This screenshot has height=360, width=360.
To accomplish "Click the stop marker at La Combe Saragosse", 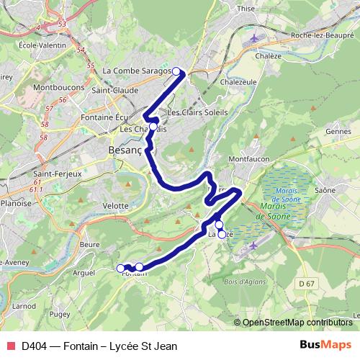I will coord(176,71).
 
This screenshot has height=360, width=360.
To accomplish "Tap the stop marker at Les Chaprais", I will coord(153,127).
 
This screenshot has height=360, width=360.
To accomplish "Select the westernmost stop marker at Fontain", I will coord(120,269).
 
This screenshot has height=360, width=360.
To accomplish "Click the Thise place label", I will coord(246,9).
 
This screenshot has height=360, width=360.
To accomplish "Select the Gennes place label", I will coord(338,132).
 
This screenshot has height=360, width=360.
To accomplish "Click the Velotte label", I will coord(116,205).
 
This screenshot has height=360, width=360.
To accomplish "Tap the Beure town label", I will coord(90,245).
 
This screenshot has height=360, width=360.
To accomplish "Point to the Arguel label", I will coord(84,273).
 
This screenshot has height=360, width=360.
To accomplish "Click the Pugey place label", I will coord(61,315).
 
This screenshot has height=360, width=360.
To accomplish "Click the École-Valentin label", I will coord(26,44).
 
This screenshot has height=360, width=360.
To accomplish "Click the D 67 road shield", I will coord(307,285).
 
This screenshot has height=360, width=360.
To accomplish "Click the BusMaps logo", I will coord(324,346).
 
